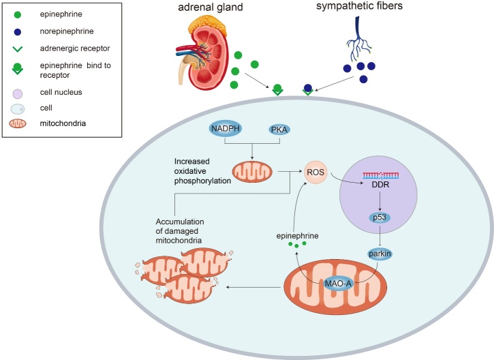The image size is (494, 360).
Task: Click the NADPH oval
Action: coord(226,129)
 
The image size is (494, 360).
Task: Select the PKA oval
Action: coord(279,130)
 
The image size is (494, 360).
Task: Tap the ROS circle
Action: coord(315,172)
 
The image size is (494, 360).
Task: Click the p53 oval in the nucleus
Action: coord(380,217)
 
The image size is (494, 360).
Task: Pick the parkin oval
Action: coord(380,254)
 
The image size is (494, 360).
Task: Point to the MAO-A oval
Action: coord(338,284)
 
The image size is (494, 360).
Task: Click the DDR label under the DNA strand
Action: coord(380,184)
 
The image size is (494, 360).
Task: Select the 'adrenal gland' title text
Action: coord(211,7)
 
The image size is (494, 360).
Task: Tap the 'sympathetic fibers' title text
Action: coord(360,5)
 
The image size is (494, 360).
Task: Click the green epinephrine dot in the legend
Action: coord(18,14)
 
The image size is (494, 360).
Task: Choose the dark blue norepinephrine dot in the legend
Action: coord(18,32)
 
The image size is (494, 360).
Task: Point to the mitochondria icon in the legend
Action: coord(18,123)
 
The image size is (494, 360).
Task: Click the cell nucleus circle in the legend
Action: coord(18,93)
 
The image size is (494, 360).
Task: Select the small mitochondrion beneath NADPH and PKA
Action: coord(252,172)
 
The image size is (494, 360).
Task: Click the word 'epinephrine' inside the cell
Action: coord(297,236)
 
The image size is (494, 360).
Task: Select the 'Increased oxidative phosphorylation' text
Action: coord(202,171)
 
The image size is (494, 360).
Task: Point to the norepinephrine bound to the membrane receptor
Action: coord(308,88)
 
